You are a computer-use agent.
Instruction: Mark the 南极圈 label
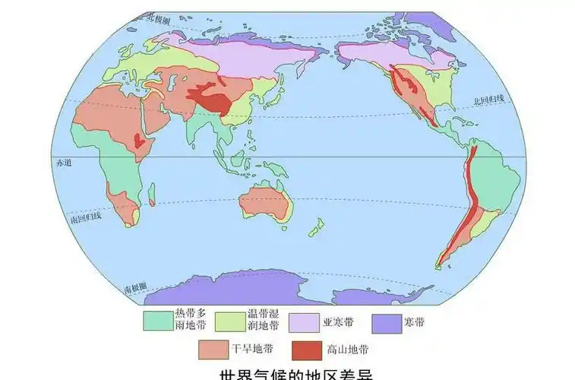(135, 289)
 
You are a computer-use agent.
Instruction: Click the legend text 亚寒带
(338, 321)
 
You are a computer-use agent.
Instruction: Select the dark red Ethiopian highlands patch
(137, 140)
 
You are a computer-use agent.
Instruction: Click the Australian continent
(263, 204)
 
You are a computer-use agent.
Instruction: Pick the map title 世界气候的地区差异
(288, 374)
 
